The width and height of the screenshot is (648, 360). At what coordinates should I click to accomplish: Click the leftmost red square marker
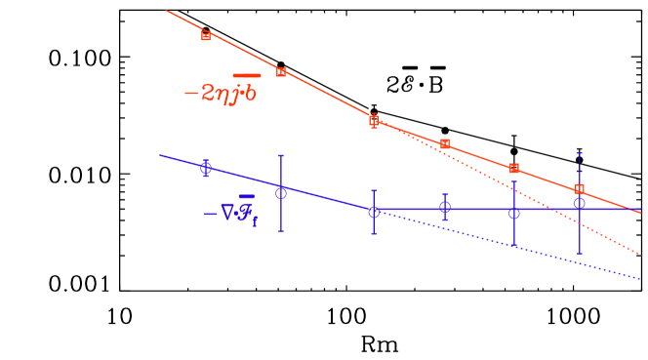click(206, 35)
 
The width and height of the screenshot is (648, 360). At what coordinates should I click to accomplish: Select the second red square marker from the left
click(281, 72)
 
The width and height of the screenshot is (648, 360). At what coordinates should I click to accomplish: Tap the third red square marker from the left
click(374, 121)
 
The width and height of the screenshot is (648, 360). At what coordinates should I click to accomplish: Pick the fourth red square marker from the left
click(445, 144)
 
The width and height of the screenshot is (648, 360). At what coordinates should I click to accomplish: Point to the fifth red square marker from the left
click(514, 169)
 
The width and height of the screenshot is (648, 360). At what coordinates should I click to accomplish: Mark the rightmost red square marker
click(580, 188)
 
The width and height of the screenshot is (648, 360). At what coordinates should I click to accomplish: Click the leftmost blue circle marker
click(206, 168)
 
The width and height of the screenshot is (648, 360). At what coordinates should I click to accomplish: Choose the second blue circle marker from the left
click(281, 192)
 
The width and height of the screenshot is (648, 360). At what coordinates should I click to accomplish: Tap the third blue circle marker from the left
click(374, 212)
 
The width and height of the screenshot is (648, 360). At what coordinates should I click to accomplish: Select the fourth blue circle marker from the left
click(445, 207)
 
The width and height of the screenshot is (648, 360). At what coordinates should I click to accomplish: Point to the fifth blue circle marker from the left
click(514, 213)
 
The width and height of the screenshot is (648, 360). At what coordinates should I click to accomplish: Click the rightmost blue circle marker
click(580, 203)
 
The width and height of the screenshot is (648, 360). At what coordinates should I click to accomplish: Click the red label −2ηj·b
click(222, 93)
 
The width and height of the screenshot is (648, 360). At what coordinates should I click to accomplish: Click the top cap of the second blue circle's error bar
click(281, 155)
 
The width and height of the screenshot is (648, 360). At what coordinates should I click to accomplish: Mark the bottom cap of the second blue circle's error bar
click(281, 230)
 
